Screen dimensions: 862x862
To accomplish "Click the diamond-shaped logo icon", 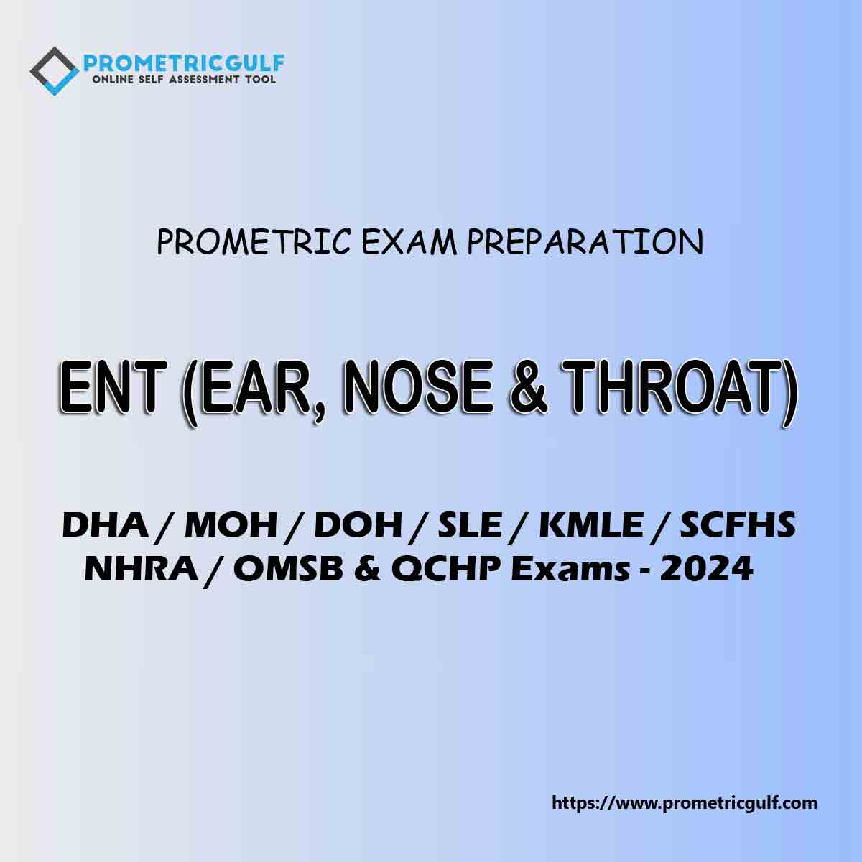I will click(54, 70).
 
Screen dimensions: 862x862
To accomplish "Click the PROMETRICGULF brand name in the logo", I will click(184, 62).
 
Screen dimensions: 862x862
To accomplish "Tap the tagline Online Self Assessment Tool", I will click(184, 79).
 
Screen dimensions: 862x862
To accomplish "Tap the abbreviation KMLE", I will click(590, 526).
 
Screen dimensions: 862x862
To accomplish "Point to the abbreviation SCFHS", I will click(738, 526).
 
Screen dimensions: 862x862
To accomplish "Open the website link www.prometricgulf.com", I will click(685, 802).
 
